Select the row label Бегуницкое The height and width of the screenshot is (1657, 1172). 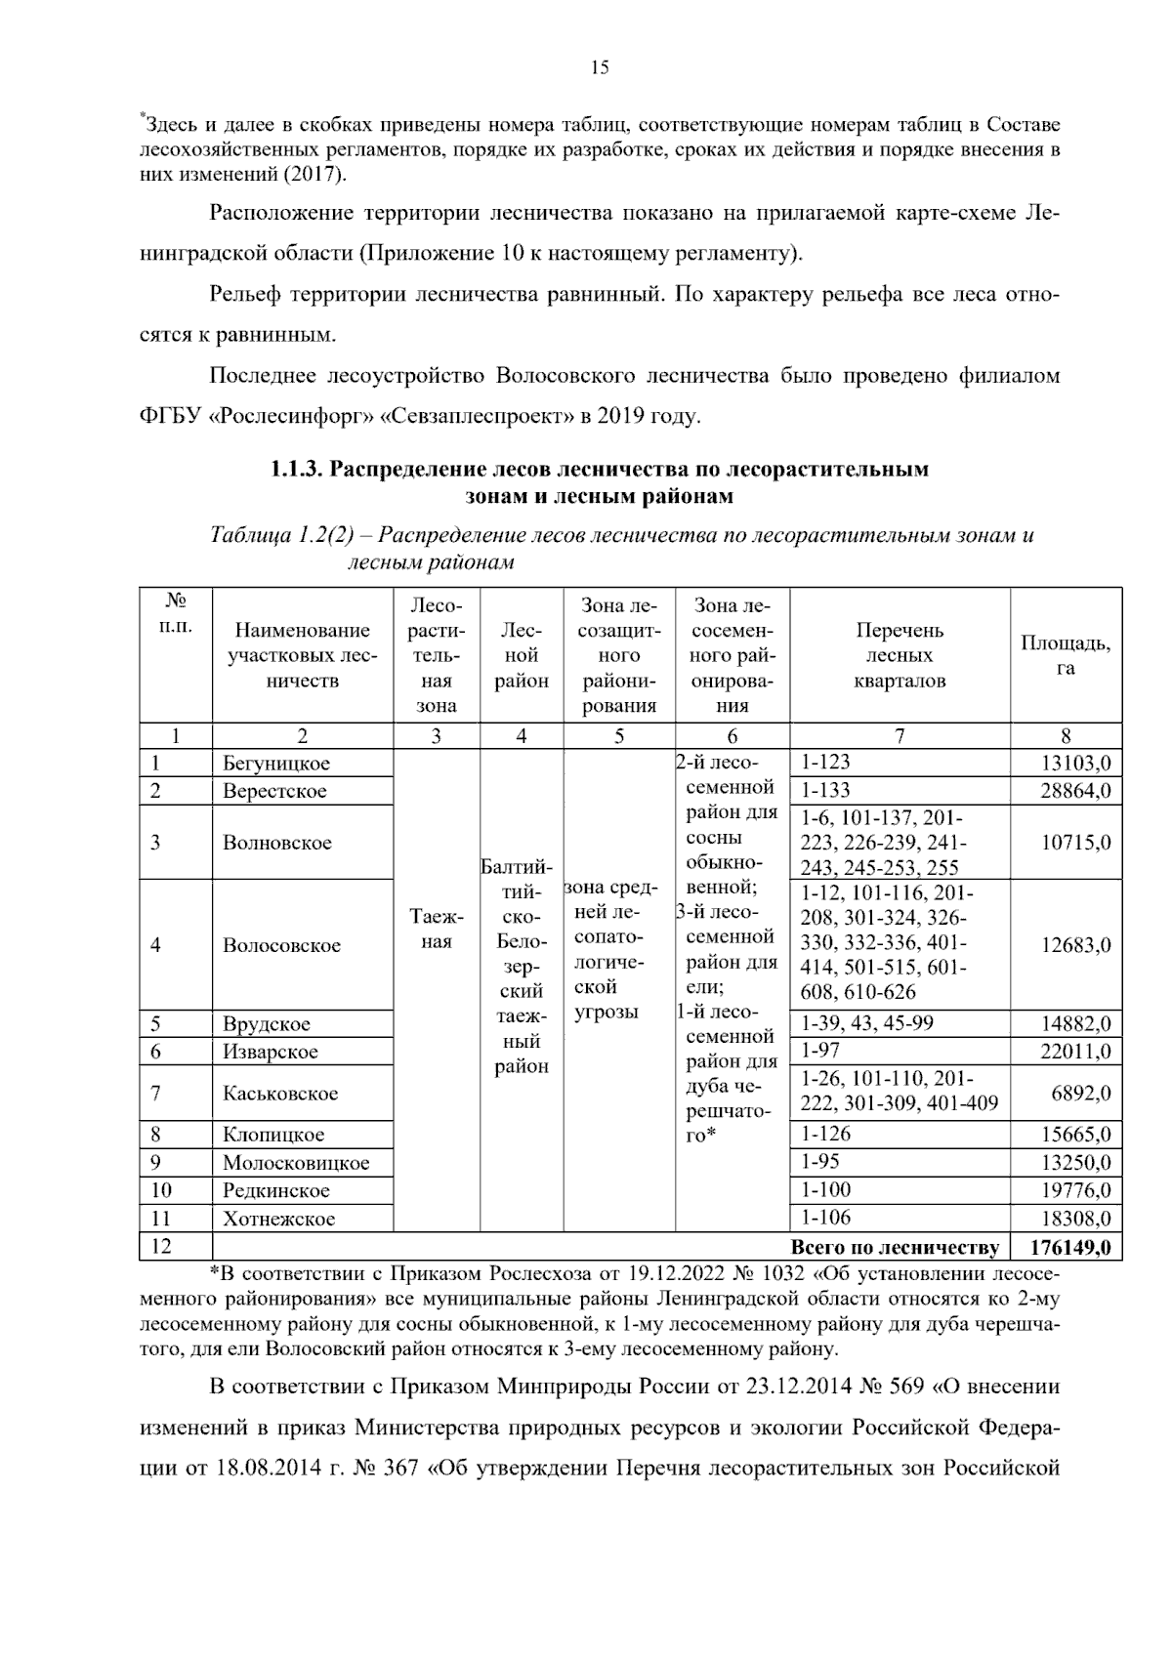point(275,764)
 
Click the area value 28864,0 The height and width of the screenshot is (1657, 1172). point(1075,791)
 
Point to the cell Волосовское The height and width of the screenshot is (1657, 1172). point(281,945)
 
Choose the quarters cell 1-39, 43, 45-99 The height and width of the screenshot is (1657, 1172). point(867,1023)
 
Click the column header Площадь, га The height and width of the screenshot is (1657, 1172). point(1066,655)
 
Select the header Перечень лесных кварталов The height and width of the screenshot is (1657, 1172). point(899,655)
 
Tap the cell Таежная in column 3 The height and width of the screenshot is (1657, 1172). point(437,929)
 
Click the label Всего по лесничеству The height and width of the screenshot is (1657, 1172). point(894,1248)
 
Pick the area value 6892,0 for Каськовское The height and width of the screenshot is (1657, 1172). point(1080,1094)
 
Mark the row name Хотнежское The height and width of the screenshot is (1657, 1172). point(278,1219)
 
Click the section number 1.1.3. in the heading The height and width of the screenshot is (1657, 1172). point(296,470)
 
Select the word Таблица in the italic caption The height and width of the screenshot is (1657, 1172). point(249,535)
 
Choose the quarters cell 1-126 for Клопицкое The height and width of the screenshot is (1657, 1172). point(825,1134)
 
